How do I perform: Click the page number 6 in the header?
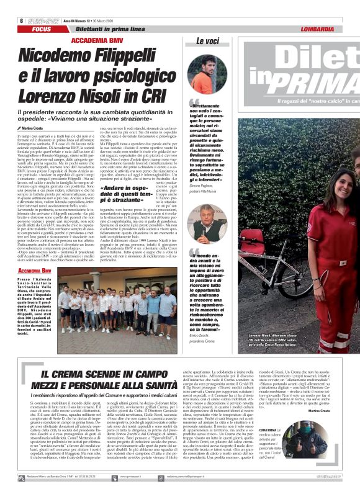coord(13,20)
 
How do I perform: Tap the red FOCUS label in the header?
coord(42,29)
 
